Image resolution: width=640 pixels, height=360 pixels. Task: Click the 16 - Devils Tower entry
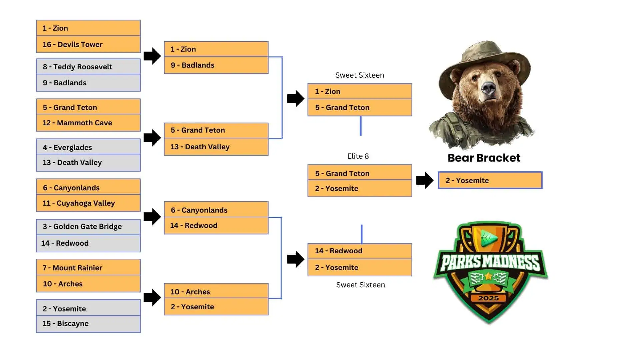(x=88, y=44)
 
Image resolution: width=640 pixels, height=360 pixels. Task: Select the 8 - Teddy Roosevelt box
(x=88, y=67)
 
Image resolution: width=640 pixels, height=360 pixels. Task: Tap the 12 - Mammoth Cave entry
(x=88, y=123)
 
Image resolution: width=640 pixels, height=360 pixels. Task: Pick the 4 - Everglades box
(x=88, y=147)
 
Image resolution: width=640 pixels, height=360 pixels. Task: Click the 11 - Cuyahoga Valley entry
(x=88, y=203)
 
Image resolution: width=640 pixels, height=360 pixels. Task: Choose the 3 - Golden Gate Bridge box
(x=88, y=227)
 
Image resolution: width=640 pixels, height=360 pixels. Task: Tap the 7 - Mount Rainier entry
(x=88, y=267)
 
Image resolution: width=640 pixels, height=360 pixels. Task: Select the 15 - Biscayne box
(x=88, y=324)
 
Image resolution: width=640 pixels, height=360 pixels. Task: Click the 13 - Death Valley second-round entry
(x=216, y=147)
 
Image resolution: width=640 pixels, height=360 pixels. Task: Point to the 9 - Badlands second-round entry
(x=216, y=65)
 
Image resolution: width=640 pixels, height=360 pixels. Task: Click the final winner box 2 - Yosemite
(x=490, y=180)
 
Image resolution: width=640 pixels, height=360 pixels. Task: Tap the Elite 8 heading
(x=358, y=156)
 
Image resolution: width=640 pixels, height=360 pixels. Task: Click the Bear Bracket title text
(x=484, y=158)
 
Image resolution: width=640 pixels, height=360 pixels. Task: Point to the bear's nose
(x=489, y=88)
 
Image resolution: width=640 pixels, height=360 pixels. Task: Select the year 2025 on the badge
(x=489, y=298)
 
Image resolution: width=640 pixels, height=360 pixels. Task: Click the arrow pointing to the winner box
(x=425, y=180)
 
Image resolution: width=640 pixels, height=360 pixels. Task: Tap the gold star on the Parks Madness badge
(x=489, y=276)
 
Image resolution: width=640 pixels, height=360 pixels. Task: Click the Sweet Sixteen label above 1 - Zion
(x=360, y=75)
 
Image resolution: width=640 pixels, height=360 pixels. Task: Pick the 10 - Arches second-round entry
(x=216, y=291)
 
